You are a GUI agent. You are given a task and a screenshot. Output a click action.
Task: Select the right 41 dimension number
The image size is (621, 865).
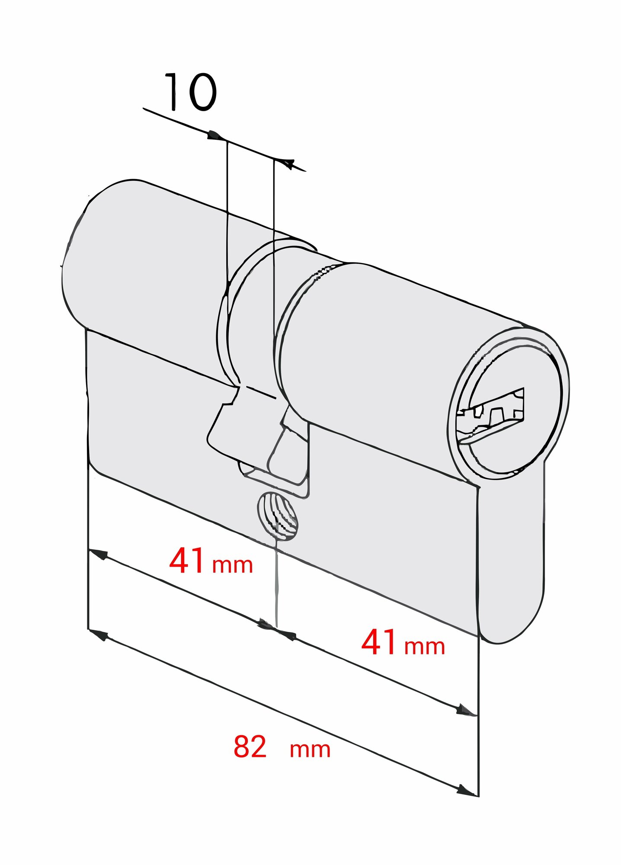pyautogui.click(x=379, y=642)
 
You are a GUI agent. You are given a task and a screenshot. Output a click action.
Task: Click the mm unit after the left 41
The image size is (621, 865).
pyautogui.click(x=233, y=565)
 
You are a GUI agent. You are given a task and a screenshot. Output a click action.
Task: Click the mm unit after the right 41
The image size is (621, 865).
pyautogui.click(x=425, y=647)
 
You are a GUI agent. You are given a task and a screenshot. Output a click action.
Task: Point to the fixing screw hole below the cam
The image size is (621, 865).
pyautogui.click(x=278, y=516)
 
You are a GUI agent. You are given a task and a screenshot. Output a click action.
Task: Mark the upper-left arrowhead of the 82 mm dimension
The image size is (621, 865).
pyautogui.click(x=99, y=635)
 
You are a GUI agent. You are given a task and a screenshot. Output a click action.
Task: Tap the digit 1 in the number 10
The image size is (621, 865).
pyautogui.click(x=173, y=92)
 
